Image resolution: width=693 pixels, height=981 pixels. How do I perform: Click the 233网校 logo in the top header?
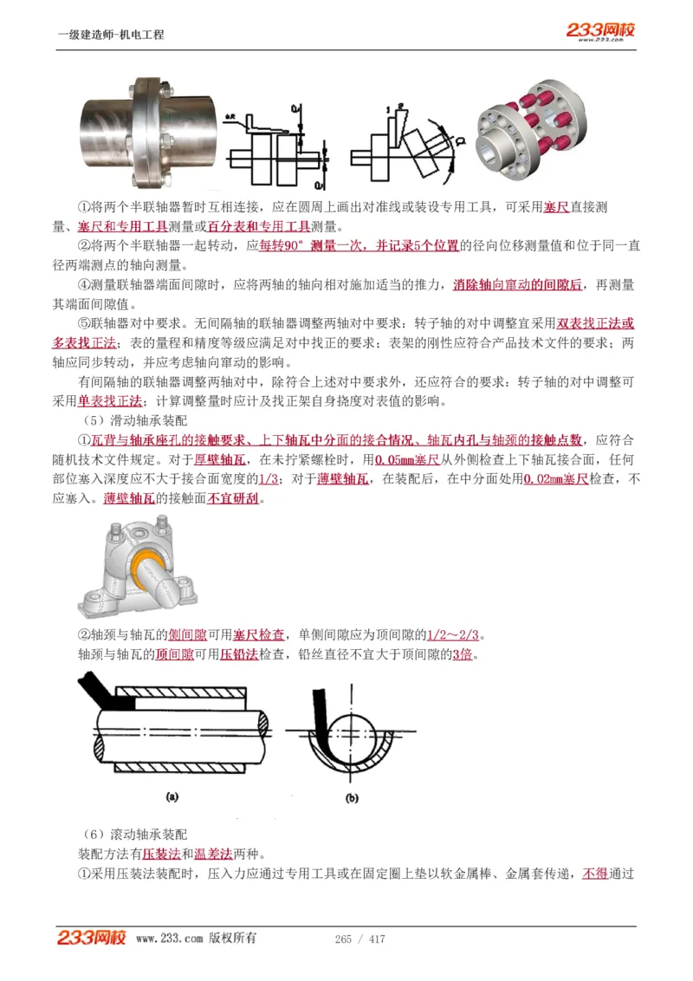[600, 31]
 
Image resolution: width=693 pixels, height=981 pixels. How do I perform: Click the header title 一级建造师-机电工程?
[110, 35]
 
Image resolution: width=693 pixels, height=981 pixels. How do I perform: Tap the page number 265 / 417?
[359, 939]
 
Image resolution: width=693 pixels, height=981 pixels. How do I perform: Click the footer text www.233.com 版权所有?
[196, 939]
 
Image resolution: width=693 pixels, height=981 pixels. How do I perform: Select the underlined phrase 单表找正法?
[109, 401]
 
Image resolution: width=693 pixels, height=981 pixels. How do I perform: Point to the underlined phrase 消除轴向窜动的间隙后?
[517, 285]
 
